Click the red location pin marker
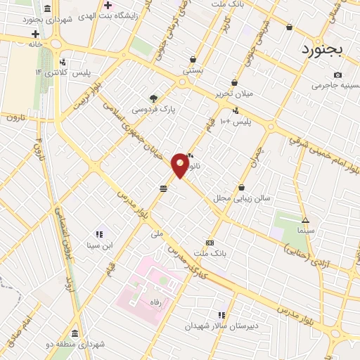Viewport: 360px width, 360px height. (180, 165)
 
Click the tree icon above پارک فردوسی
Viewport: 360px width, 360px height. (154, 98)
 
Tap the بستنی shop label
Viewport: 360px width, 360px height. (193, 70)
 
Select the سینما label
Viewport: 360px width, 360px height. (305, 230)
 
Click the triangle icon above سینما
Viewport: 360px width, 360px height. (304, 219)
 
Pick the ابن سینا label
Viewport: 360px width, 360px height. (99, 245)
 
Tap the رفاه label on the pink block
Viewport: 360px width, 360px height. (153, 300)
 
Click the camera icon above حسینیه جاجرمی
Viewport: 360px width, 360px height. (337, 75)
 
